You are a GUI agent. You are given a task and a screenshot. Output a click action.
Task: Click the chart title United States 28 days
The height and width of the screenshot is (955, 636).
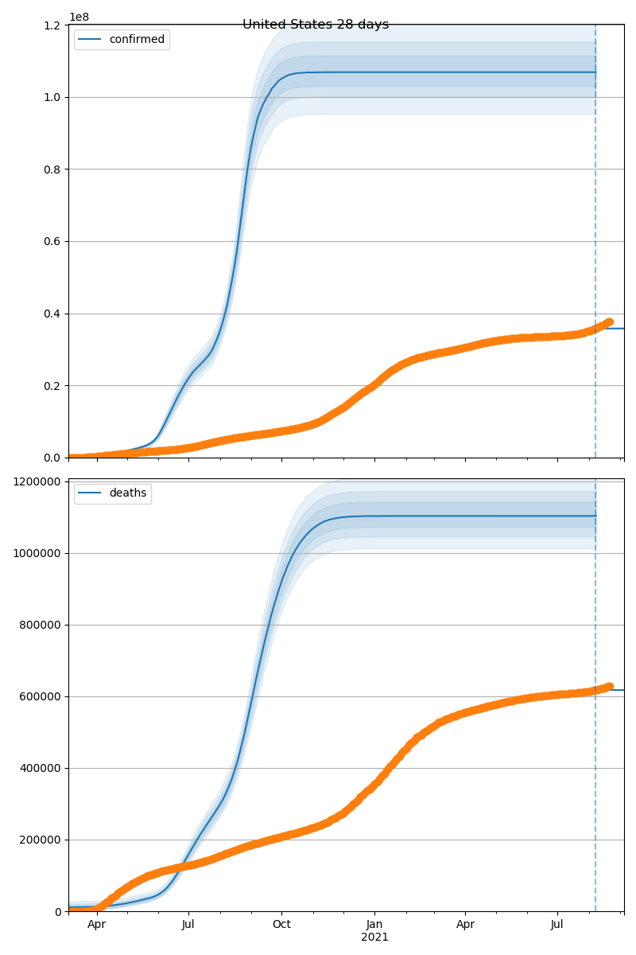click(x=316, y=25)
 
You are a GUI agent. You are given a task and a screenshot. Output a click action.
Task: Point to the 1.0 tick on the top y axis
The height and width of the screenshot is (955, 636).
click(x=53, y=97)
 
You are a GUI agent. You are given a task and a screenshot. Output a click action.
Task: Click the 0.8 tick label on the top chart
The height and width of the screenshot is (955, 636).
click(x=53, y=170)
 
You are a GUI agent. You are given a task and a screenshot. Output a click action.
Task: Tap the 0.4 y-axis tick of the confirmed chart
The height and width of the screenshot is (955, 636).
click(x=53, y=314)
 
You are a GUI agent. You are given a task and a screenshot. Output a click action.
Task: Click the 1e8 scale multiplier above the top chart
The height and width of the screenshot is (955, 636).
click(x=78, y=17)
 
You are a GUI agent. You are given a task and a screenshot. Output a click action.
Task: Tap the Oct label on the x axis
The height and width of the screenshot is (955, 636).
click(x=281, y=925)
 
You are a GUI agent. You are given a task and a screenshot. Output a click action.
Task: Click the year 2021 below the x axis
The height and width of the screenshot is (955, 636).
click(x=374, y=937)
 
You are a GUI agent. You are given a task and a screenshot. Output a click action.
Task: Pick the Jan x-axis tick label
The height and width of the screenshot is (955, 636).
click(x=374, y=925)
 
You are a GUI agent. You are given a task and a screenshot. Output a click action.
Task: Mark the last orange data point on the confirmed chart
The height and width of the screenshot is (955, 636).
click(x=609, y=322)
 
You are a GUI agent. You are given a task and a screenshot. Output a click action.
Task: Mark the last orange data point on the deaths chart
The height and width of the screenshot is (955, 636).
click(x=609, y=686)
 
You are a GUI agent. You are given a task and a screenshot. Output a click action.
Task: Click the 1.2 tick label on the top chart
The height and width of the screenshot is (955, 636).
click(x=53, y=25)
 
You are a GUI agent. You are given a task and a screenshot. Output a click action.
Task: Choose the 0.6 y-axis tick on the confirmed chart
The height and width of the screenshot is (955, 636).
click(x=53, y=241)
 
